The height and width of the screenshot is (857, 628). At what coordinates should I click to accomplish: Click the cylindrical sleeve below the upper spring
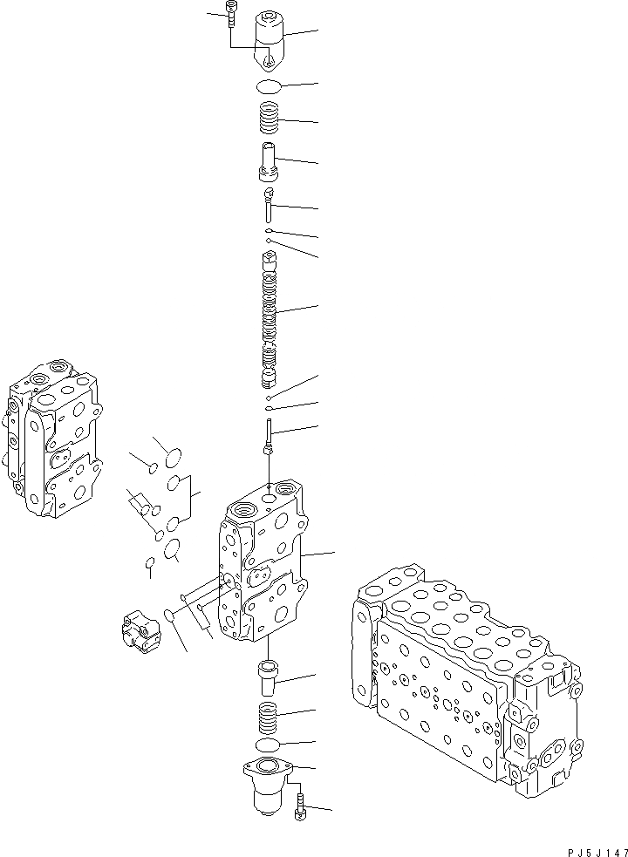[x=268, y=160]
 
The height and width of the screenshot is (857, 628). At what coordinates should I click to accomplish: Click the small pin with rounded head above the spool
[x=269, y=202]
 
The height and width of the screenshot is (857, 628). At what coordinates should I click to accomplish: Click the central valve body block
[x=262, y=567]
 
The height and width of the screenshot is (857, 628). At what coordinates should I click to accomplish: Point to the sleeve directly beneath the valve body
[x=268, y=676]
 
